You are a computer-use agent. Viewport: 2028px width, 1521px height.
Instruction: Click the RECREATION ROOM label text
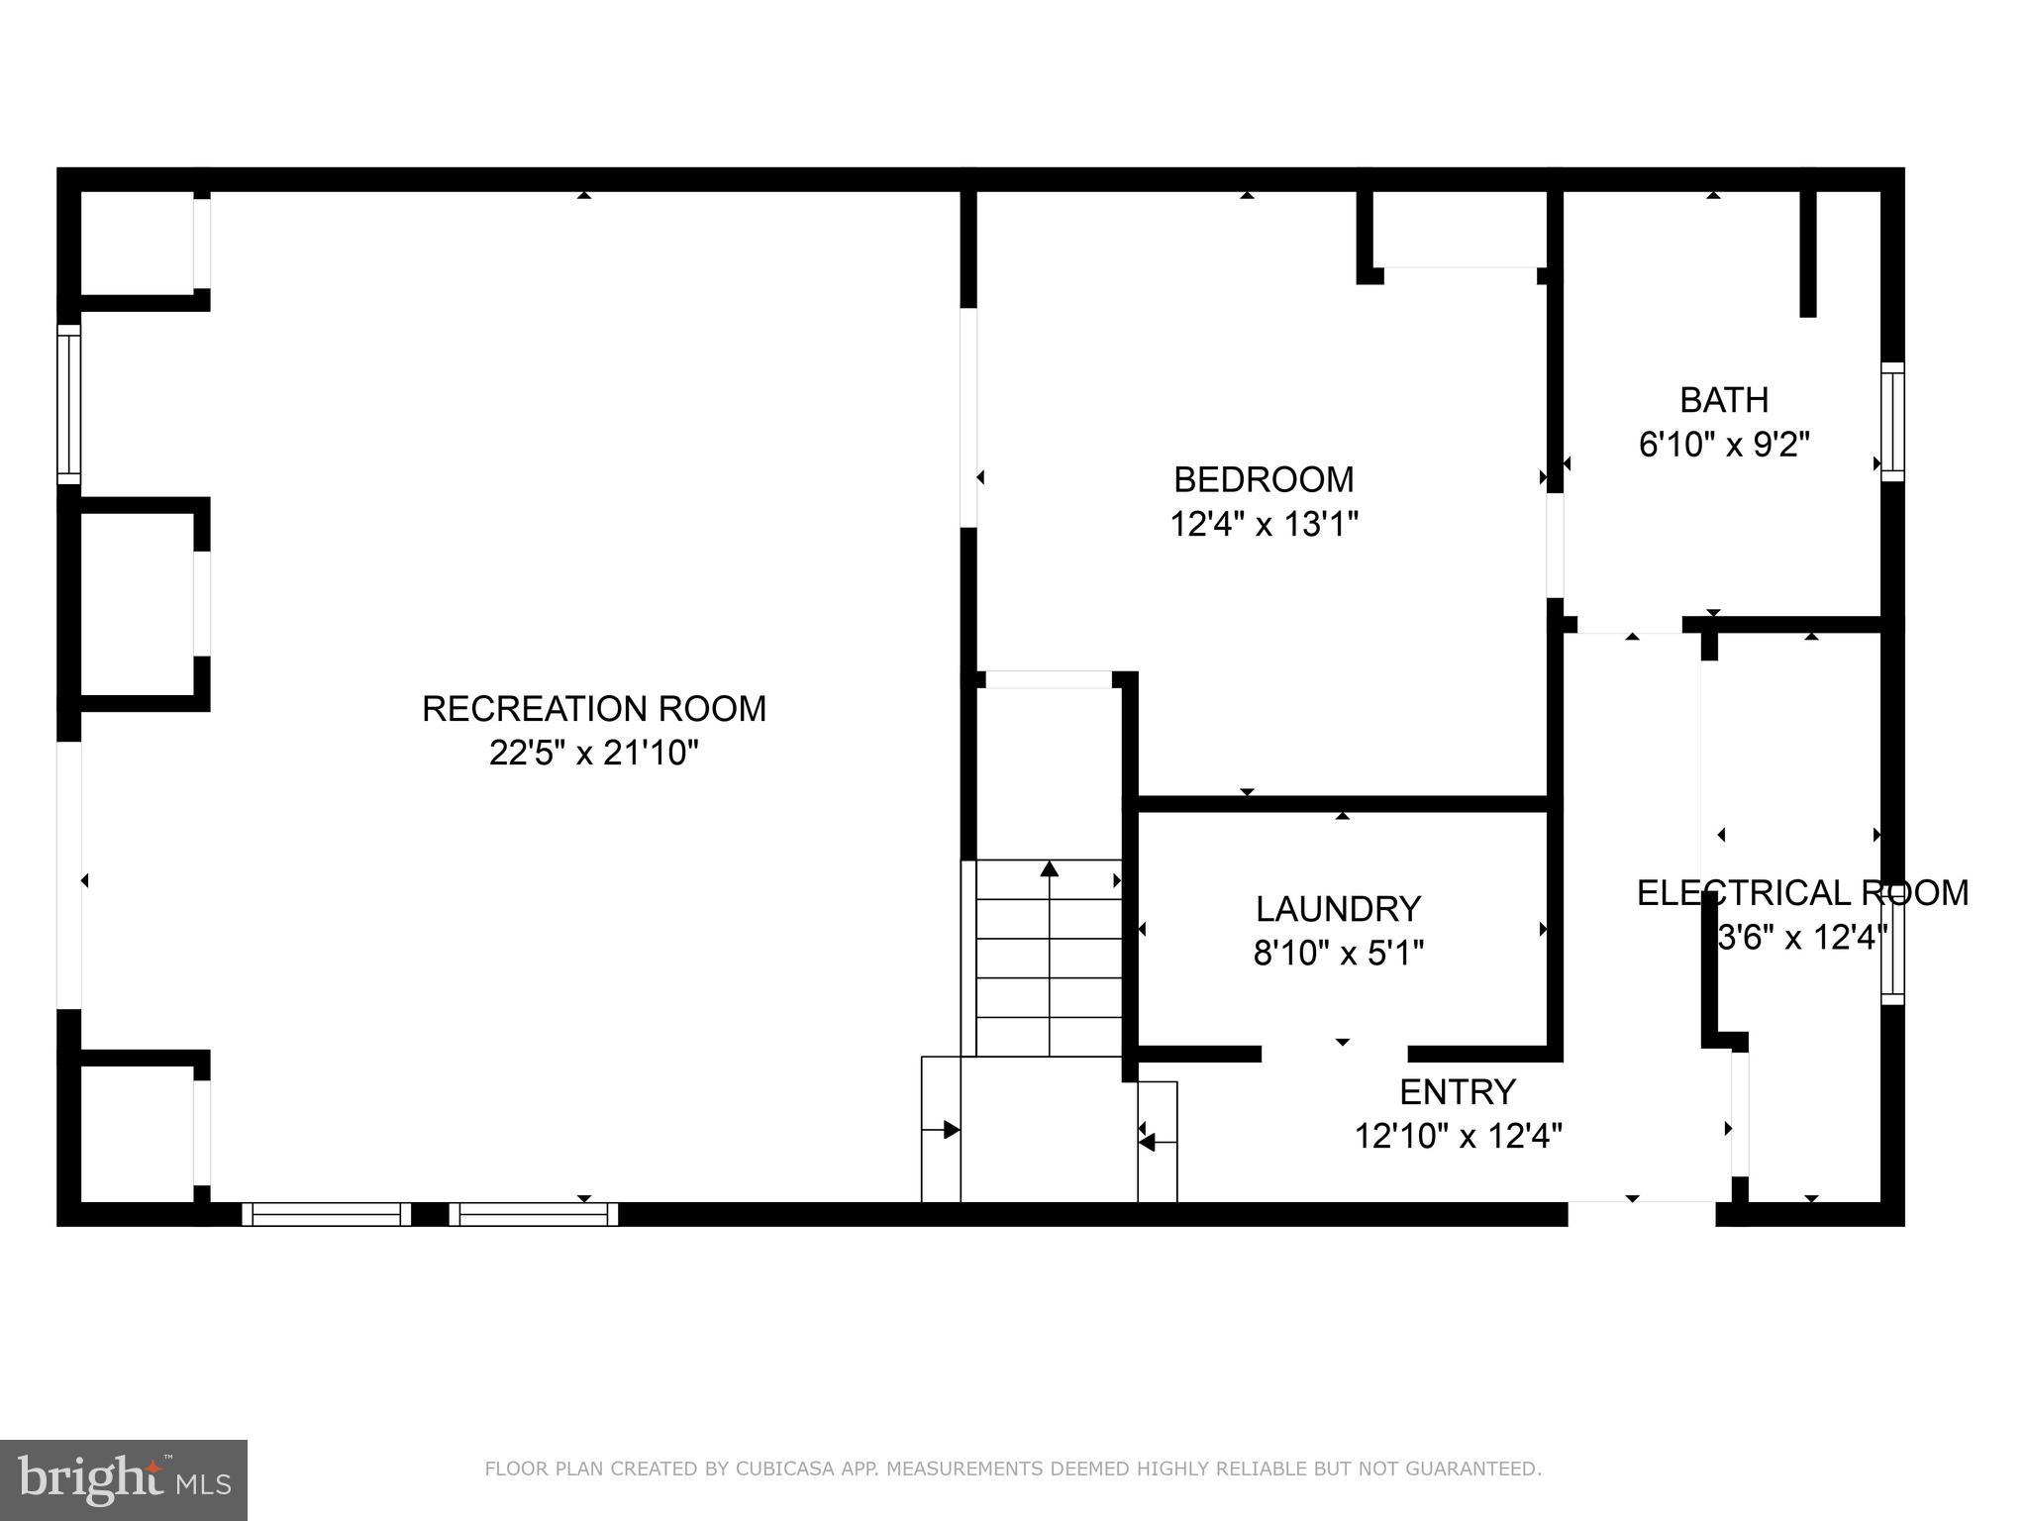pos(594,709)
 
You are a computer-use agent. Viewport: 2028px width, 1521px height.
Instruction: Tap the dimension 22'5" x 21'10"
pos(594,754)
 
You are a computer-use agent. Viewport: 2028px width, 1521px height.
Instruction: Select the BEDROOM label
pos(1264,479)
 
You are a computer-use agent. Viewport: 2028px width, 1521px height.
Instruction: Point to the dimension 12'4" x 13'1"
pos(1264,524)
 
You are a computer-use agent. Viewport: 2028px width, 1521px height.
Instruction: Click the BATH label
pos(1724,400)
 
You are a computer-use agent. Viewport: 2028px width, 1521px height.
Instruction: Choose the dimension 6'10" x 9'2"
pos(1724,445)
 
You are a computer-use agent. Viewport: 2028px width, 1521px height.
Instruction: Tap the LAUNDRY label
pos(1338,909)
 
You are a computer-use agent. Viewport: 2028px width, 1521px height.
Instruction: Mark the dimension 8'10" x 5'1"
pos(1338,954)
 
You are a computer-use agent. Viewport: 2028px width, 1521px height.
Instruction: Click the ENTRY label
pos(1458,1091)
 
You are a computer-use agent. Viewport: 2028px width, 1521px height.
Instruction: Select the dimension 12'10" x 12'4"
pos(1458,1136)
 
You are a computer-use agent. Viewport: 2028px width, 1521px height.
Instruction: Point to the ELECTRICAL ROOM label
pos(1802,893)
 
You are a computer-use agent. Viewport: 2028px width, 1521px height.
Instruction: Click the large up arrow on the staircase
pos(1050,868)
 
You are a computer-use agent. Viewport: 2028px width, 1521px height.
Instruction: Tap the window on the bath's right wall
pos(1892,422)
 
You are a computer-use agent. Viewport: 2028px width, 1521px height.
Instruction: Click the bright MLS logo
pos(124,1481)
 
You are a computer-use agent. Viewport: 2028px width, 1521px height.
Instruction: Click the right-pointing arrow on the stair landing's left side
pos(950,1130)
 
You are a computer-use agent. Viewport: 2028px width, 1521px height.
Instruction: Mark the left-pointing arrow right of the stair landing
pos(1147,1143)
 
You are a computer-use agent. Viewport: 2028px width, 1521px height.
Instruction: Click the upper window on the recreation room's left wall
pos(68,404)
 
